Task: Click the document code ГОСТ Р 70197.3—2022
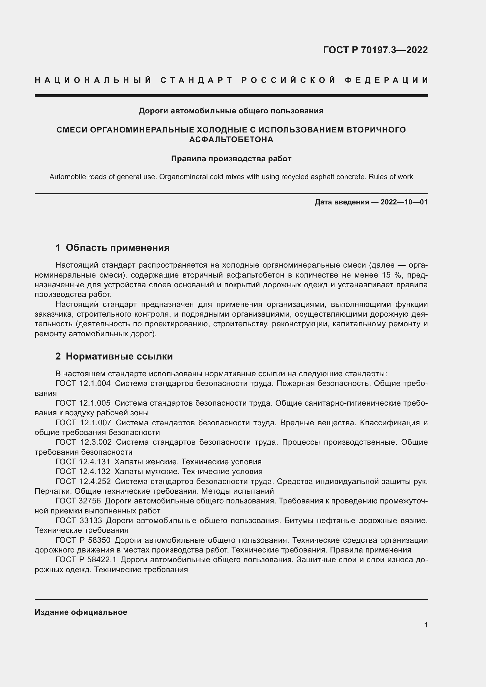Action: [375, 50]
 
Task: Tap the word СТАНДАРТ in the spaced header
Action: [196, 80]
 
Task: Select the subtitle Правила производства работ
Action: [231, 159]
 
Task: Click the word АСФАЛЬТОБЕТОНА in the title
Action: [231, 140]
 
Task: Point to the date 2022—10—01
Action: [404, 202]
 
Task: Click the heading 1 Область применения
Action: [113, 248]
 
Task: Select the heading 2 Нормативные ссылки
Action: [114, 356]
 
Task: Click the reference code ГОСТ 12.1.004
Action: [83, 384]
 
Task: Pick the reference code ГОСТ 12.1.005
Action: [83, 403]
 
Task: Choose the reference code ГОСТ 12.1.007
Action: [83, 423]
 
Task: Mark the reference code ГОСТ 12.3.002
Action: [83, 442]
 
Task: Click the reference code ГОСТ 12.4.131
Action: [83, 462]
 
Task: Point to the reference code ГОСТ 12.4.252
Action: [83, 481]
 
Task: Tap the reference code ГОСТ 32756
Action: [78, 501]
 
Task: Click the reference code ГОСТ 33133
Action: [79, 521]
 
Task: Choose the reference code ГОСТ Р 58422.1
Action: [86, 560]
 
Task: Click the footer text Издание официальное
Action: [81, 612]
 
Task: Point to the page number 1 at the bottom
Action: [426, 625]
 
